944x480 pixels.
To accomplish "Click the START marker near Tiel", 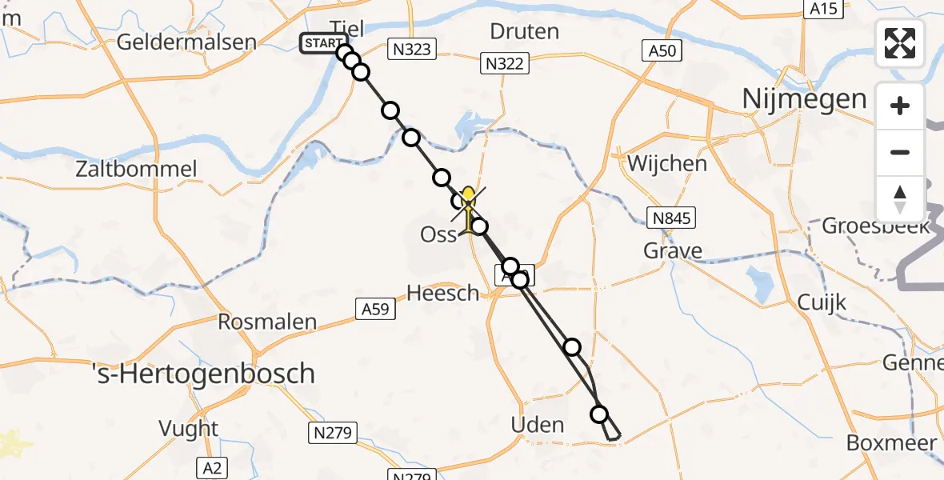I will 323,42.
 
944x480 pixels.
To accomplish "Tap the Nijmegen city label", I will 805,99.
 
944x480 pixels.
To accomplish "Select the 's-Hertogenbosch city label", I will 203,373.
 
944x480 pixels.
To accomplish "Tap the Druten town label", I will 524,32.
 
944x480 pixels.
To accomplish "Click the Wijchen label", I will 668,164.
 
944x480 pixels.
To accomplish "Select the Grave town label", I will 673,251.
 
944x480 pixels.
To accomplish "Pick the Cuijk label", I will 822,302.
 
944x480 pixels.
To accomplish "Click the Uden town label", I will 538,425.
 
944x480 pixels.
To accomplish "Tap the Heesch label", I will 443,294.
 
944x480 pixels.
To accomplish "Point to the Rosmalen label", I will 268,322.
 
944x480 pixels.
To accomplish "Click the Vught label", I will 189,429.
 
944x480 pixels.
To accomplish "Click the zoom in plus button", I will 900,106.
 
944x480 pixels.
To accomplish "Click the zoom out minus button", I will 900,152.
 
